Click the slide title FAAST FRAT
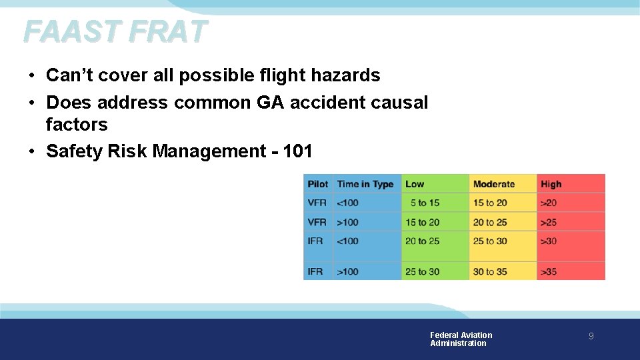pyautogui.click(x=115, y=31)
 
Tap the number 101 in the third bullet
pyautogui.click(x=297, y=151)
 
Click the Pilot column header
pyautogui.click(x=317, y=184)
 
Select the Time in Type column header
pyautogui.click(x=365, y=184)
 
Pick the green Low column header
pyautogui.click(x=415, y=184)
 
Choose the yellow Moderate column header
pyautogui.click(x=493, y=184)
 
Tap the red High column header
pyautogui.click(x=551, y=184)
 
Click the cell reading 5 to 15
pyautogui.click(x=425, y=203)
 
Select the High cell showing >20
pyautogui.click(x=549, y=203)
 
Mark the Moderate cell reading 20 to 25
pyautogui.click(x=490, y=222)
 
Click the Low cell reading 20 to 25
pyautogui.click(x=423, y=241)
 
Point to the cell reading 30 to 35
pyautogui.click(x=490, y=271)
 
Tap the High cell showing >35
pyautogui.click(x=549, y=271)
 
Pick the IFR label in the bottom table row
pyautogui.click(x=315, y=271)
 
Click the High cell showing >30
pyautogui.click(x=549, y=241)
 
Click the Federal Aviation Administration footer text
pyautogui.click(x=461, y=339)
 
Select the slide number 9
pyautogui.click(x=591, y=337)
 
